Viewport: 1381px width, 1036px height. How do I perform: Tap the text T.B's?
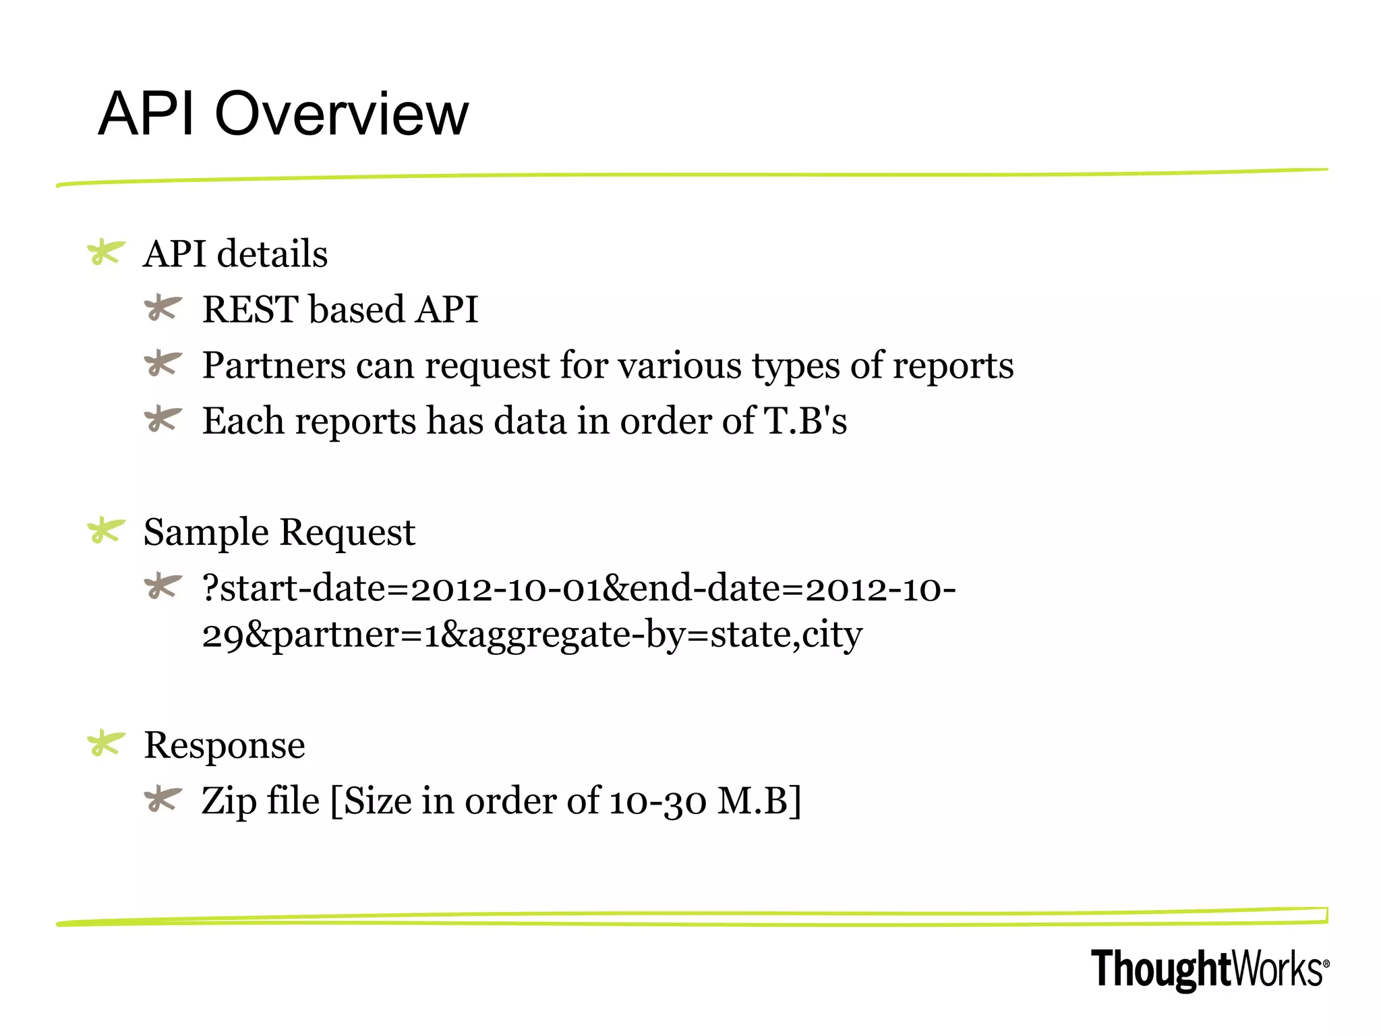pyautogui.click(x=805, y=421)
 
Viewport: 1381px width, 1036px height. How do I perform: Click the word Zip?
pyautogui.click(x=229, y=801)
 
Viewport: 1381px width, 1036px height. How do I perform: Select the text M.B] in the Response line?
pyautogui.click(x=759, y=801)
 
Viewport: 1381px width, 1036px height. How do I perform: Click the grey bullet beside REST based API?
pyautogui.click(x=163, y=308)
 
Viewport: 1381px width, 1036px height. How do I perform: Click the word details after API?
pyautogui.click(x=272, y=254)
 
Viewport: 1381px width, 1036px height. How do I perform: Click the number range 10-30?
pyautogui.click(x=658, y=801)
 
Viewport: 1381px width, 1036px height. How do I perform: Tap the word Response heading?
pyautogui.click(x=225, y=745)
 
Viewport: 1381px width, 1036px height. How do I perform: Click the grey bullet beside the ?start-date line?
pyautogui.click(x=163, y=585)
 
